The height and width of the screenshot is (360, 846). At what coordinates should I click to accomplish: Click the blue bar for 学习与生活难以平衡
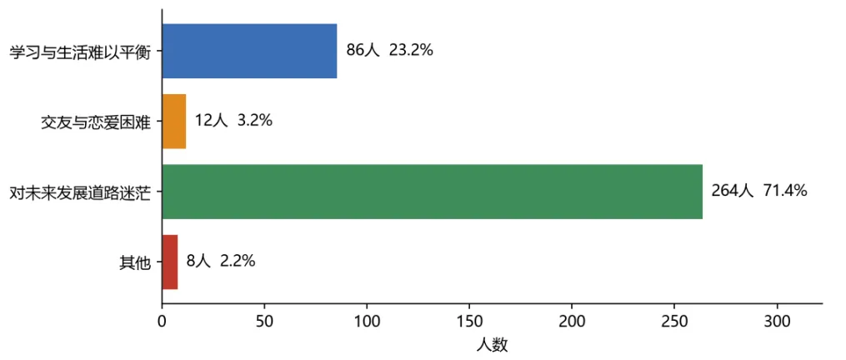coord(250,52)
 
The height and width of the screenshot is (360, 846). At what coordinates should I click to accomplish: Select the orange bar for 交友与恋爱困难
coord(174,122)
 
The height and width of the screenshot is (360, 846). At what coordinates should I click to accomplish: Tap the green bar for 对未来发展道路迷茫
coord(433,192)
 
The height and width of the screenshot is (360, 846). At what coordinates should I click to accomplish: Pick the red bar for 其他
coord(170,262)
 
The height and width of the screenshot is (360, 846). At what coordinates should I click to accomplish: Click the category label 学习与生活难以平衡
coord(80,52)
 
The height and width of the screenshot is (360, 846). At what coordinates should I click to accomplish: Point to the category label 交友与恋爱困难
coord(96,122)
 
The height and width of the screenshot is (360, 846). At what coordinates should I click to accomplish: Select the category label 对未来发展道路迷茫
coord(80,192)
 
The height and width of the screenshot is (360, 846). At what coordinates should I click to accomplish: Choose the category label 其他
coord(134,262)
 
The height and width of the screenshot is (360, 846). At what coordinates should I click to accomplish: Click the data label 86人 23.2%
coord(389,52)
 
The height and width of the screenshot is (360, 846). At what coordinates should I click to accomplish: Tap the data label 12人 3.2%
coord(233,121)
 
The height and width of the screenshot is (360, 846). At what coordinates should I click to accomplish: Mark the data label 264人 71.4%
coord(759,191)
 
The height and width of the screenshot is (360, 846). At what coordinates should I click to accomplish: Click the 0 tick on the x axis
coord(162,321)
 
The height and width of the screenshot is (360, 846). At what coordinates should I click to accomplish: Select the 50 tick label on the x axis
coord(264,321)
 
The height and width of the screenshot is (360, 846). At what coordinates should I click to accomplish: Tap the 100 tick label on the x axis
coord(367,321)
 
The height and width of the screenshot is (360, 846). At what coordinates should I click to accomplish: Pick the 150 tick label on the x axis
coord(469,321)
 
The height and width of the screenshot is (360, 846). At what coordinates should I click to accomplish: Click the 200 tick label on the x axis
coord(572,321)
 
